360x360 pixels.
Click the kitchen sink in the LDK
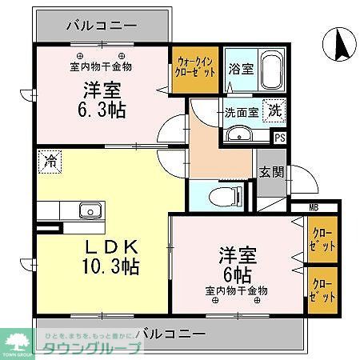tap(89, 211)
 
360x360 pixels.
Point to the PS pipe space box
tap(279, 138)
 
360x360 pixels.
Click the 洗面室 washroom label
tap(241, 112)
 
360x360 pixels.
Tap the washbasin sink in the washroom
tap(237, 134)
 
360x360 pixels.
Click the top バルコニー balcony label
tap(101, 22)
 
